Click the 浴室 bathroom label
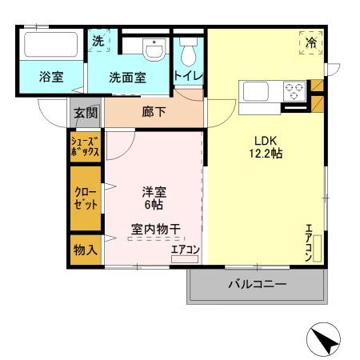click(52, 78)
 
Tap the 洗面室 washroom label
click(128, 78)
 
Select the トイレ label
click(189, 76)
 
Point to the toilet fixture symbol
click(189, 52)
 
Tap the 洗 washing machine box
click(98, 40)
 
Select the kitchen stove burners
click(294, 90)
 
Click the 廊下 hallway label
click(154, 112)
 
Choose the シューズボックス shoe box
click(85, 147)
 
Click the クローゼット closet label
click(85, 198)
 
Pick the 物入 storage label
click(86, 250)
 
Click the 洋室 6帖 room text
click(154, 198)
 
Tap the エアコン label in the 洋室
click(186, 250)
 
